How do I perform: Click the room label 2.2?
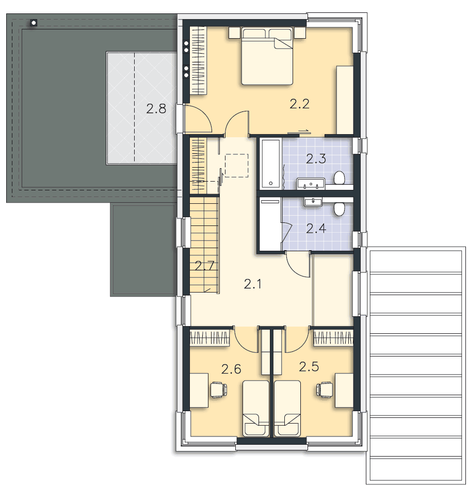299,104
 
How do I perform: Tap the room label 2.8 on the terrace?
156,109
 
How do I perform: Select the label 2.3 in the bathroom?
316,159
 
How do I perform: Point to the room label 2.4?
316,229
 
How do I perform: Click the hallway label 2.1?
252,284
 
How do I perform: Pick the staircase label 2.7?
204,266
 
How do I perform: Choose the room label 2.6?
231,369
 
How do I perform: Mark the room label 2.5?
309,366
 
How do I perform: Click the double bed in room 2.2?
267,56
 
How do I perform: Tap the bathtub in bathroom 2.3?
271,164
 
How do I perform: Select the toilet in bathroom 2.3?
340,178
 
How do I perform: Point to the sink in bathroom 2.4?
313,202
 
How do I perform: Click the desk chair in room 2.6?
218,390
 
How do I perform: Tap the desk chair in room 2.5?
324,390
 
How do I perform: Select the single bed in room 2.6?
256,409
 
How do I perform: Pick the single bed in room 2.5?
287,409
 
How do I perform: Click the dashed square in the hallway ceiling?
236,166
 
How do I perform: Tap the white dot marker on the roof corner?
34,23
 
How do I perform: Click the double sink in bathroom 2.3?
311,184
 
